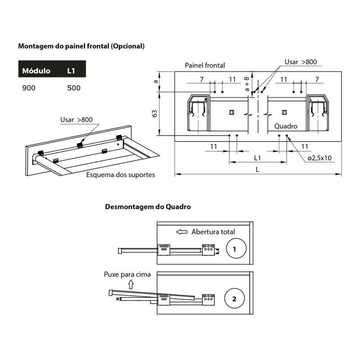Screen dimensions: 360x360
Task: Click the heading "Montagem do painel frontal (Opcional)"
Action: pos(81,46)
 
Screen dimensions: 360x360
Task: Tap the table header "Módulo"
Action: pos(36,71)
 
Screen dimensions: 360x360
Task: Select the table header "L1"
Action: pos(72,71)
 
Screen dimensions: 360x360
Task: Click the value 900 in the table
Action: pos(28,88)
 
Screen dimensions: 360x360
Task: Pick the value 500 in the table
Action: pos(74,88)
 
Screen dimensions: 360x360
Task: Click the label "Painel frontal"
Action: pos(205,65)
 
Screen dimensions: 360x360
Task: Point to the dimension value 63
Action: pos(155,113)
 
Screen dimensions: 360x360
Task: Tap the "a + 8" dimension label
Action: pos(247,84)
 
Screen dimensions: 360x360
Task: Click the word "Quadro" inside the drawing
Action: pos(286,127)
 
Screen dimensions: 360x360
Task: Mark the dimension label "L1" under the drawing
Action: pos(257,158)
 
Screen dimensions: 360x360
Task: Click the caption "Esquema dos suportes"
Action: pos(120,174)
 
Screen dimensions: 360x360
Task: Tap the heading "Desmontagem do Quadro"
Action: pos(148,207)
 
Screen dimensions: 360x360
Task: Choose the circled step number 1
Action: pos(237,248)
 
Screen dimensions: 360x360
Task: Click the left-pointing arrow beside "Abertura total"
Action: pos(182,232)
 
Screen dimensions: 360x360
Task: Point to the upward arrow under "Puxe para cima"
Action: pos(131,283)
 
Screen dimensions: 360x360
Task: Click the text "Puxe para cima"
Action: pos(127,274)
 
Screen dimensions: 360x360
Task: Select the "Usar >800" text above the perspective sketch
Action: pos(76,120)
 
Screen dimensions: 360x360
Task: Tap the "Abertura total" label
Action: pos(213,232)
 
